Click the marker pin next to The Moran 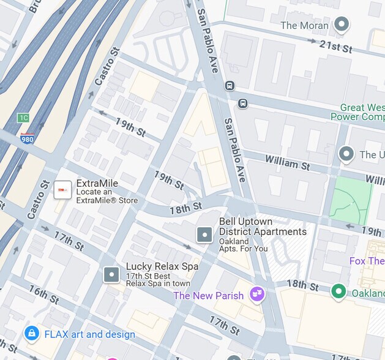(x=342, y=25)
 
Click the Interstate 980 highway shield (x=27, y=138)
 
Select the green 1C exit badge (x=23, y=118)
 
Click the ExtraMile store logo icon (x=62, y=191)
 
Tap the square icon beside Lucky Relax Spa (x=111, y=274)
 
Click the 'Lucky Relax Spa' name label (x=162, y=267)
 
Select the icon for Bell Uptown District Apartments (x=204, y=234)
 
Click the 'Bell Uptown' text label (x=245, y=222)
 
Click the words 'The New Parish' (x=208, y=296)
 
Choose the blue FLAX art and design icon (x=31, y=333)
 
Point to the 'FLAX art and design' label (x=90, y=334)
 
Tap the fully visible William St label (x=287, y=163)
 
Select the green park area (x=350, y=200)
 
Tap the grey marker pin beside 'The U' (x=347, y=154)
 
